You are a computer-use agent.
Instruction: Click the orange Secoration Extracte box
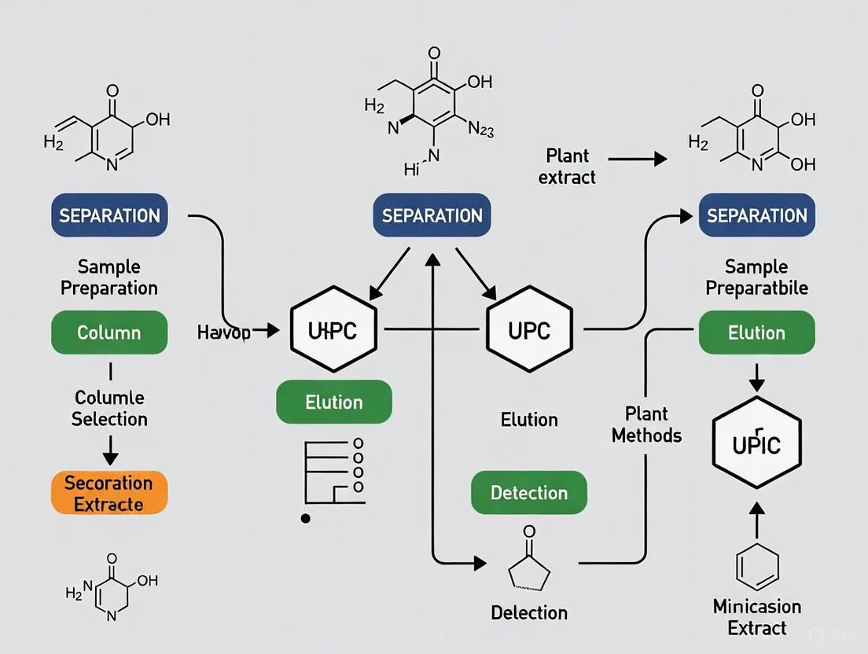pos(109,493)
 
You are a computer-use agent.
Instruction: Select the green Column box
pos(109,333)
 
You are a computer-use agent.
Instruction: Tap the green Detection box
pos(529,493)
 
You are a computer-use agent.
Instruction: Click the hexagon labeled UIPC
pos(333,330)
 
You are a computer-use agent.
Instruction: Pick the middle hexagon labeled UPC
pos(529,330)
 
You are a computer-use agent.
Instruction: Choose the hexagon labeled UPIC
pos(756,443)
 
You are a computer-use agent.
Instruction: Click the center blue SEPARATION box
pos(432,215)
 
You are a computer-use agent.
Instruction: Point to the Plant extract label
pos(567,166)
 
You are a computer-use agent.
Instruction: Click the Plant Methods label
pos(646,424)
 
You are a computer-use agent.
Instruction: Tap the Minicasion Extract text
pos(757,617)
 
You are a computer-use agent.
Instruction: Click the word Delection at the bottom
pos(529,612)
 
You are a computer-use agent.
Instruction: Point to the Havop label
pos(224,333)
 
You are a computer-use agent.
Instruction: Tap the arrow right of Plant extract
pos(637,159)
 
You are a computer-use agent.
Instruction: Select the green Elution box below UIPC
pos(333,402)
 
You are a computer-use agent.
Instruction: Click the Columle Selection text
pos(109,408)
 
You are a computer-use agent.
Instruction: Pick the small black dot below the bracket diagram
pos(306,518)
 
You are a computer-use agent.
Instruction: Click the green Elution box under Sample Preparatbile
pos(756,333)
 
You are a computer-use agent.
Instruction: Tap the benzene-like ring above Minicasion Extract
pos(757,566)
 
